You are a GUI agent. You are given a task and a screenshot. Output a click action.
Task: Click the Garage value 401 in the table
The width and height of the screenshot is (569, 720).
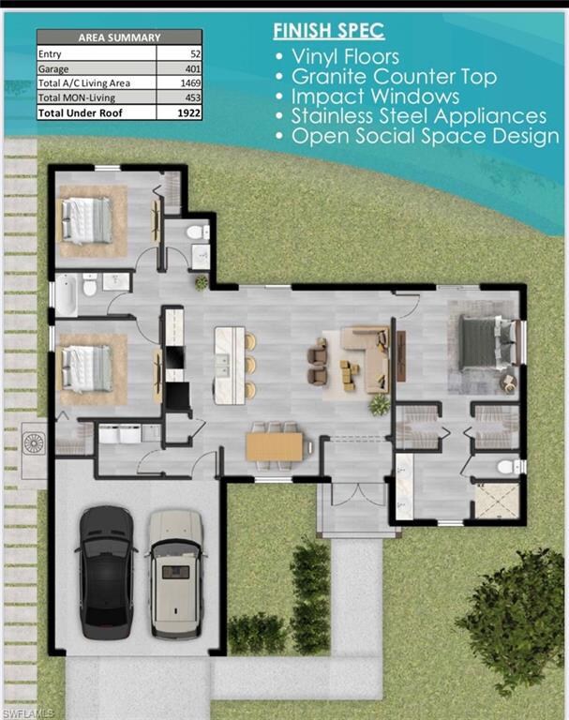[193, 68]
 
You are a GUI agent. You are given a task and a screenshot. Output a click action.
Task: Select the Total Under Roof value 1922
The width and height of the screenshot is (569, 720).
[188, 112]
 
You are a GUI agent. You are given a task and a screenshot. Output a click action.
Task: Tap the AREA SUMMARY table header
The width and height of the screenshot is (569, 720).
[119, 37]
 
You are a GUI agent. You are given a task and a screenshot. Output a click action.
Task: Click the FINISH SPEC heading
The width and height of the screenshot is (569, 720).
[329, 31]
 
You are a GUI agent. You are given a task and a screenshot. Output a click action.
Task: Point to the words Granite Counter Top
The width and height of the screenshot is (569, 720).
[394, 77]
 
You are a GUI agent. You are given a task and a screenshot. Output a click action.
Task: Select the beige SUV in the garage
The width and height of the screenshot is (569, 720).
[176, 574]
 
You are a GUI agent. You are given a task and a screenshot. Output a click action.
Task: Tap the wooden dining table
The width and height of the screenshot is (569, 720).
[274, 446]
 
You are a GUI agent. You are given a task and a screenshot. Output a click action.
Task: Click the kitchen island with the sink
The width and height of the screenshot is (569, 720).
[230, 365]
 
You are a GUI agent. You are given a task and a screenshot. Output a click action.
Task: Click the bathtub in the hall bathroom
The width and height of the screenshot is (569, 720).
[66, 294]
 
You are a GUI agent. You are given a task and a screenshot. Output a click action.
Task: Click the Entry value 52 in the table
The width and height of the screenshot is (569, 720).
[196, 54]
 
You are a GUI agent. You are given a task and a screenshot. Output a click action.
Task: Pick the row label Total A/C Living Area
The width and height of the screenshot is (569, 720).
[84, 83]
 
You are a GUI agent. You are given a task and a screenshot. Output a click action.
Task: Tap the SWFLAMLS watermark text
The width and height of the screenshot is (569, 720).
[28, 713]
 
